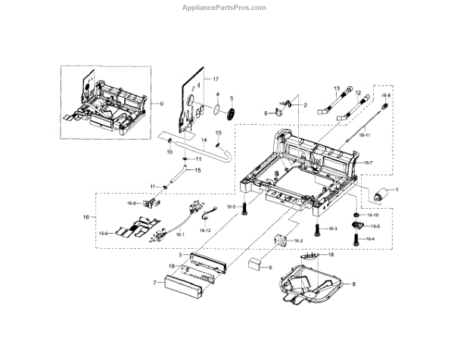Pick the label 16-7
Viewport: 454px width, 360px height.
[368, 163]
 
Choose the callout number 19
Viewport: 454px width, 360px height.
[172, 267]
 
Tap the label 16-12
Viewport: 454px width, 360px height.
[206, 229]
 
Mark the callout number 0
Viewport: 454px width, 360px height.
[159, 102]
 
